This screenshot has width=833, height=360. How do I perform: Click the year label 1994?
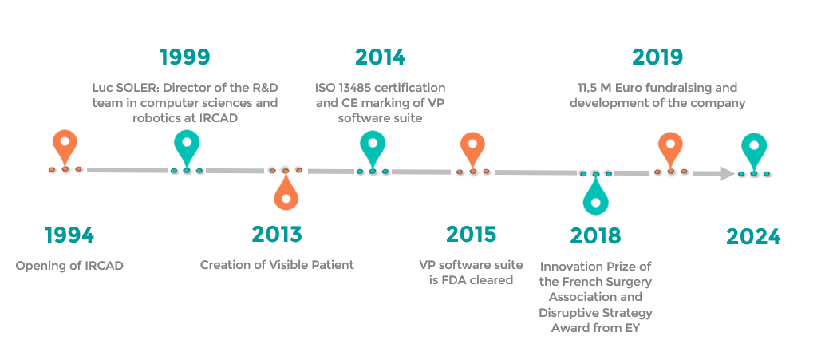(x=69, y=235)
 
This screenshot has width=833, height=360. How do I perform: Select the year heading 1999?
(x=185, y=57)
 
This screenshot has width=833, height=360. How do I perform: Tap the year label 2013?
(x=277, y=234)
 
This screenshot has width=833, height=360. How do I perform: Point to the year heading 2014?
(x=380, y=57)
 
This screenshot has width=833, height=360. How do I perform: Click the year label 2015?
(x=472, y=234)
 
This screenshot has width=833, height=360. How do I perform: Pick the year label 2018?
(x=595, y=235)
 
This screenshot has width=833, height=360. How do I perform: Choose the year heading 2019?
(x=657, y=57)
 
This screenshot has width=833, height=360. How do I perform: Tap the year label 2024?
(x=753, y=236)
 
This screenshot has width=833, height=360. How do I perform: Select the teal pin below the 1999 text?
(x=187, y=148)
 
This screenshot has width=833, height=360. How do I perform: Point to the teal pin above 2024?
(x=754, y=151)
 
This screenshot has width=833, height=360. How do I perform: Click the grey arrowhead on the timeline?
(x=728, y=173)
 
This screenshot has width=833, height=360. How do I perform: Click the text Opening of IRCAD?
(x=69, y=266)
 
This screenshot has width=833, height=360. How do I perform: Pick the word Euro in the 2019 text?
(x=636, y=87)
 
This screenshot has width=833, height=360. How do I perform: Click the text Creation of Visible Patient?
(x=277, y=265)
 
